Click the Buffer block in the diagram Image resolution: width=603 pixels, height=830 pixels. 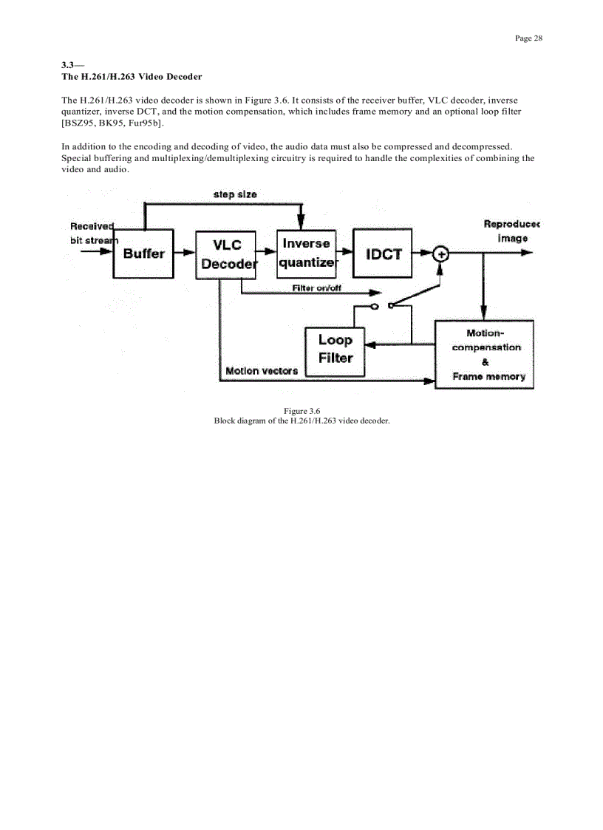tap(143, 254)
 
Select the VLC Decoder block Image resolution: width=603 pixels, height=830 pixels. tap(225, 254)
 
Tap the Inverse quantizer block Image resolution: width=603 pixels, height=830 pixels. tap(306, 253)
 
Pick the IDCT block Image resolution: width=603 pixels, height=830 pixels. tap(383, 254)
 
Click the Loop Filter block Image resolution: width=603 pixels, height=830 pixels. tap(335, 350)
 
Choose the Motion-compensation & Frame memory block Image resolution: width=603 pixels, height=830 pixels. tap(485, 355)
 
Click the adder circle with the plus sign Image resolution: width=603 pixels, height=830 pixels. tap(440, 254)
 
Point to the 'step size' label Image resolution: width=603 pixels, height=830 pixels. tap(235, 194)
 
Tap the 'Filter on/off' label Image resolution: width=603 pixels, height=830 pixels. tap(316, 288)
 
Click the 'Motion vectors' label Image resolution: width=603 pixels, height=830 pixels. tap(262, 371)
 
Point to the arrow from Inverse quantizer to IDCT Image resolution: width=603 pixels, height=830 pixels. tap(344, 253)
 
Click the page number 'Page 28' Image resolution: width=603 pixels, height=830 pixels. tap(528, 38)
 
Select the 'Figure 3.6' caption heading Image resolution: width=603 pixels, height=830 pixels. tap(301, 411)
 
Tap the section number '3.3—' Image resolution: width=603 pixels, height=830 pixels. tap(72, 65)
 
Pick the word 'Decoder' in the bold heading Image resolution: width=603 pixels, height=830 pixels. tap(180, 77)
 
